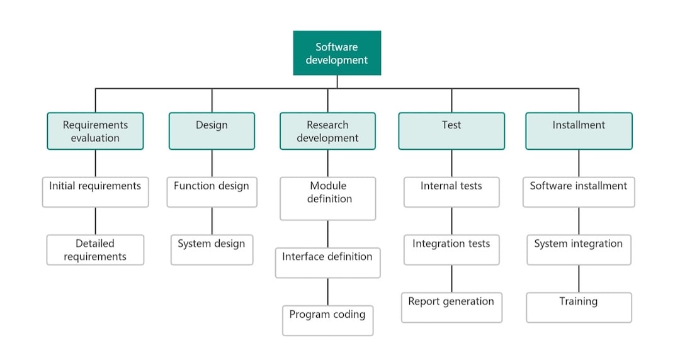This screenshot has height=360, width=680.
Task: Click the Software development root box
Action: click(x=337, y=53)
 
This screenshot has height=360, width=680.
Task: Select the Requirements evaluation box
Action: click(x=95, y=131)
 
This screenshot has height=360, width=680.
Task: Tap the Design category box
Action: click(x=212, y=131)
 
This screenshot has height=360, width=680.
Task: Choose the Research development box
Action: click(x=327, y=131)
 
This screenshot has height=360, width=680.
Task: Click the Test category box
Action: click(x=451, y=131)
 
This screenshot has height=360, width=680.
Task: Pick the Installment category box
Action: click(x=579, y=131)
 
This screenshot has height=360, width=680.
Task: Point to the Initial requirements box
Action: click(x=95, y=192)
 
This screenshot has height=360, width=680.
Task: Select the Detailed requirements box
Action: click(x=95, y=250)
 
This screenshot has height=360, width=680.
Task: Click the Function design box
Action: click(x=212, y=192)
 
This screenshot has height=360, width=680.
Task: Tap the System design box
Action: click(x=212, y=250)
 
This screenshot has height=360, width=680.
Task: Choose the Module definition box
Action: click(x=327, y=198)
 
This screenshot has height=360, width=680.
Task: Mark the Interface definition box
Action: click(x=327, y=262)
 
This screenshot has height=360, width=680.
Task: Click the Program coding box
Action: click(x=327, y=320)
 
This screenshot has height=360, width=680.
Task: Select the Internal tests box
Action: click(x=451, y=192)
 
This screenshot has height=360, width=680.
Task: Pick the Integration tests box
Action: click(x=451, y=250)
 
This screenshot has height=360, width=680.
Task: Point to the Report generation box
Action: click(x=451, y=307)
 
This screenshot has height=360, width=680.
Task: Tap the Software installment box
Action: click(x=579, y=192)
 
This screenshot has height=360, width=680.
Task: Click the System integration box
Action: click(x=579, y=250)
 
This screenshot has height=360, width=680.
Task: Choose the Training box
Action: click(x=579, y=307)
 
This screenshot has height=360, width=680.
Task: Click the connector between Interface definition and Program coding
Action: click(x=327, y=291)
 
